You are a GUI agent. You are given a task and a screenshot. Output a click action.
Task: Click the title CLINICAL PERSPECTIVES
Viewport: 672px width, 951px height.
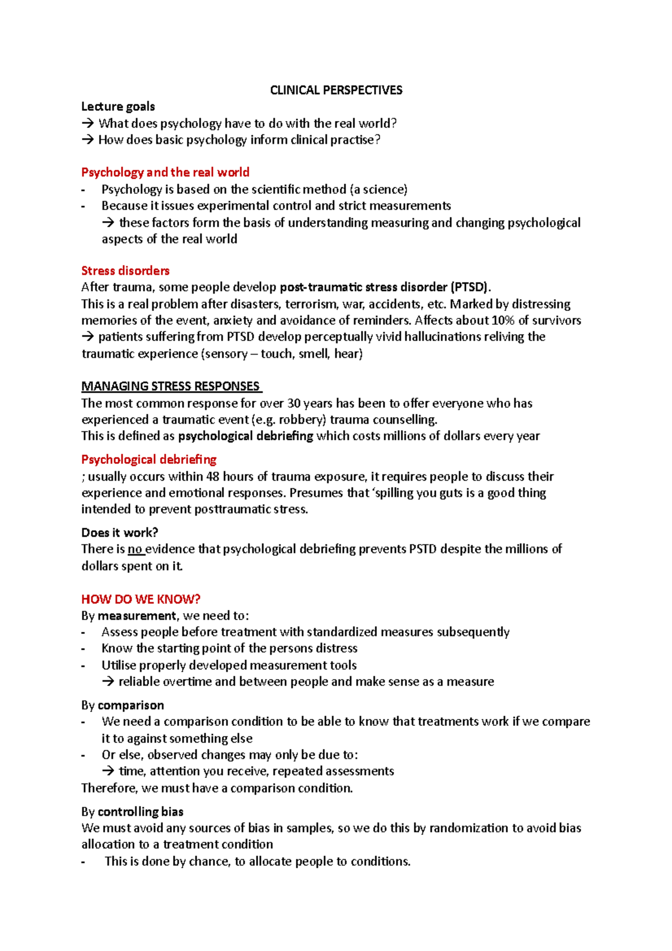pyautogui.click(x=336, y=90)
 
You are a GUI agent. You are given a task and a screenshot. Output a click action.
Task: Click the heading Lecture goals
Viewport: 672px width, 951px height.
pyautogui.click(x=118, y=106)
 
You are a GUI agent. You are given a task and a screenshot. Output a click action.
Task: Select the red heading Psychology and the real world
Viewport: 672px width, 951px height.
pyautogui.click(x=165, y=172)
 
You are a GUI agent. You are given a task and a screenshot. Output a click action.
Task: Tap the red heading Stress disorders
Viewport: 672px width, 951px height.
pyautogui.click(x=125, y=271)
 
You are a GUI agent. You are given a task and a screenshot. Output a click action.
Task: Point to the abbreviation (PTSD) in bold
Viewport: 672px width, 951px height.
pyautogui.click(x=469, y=287)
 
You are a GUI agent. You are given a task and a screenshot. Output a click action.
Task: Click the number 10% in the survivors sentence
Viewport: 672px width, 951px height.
pyautogui.click(x=503, y=320)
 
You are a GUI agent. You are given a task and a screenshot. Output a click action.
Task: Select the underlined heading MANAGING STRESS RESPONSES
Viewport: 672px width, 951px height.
pyautogui.click(x=171, y=386)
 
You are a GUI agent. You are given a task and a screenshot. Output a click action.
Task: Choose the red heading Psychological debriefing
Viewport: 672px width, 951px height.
pyautogui.click(x=149, y=460)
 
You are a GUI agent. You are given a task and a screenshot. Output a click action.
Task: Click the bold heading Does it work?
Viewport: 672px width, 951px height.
pyautogui.click(x=120, y=533)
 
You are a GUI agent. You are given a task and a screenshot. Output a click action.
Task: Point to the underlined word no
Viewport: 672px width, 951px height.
pyautogui.click(x=134, y=549)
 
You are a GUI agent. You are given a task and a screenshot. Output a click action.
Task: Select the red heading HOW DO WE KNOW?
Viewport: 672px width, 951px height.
pyautogui.click(x=141, y=599)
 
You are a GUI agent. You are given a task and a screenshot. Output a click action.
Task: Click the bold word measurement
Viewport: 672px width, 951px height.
pyautogui.click(x=137, y=616)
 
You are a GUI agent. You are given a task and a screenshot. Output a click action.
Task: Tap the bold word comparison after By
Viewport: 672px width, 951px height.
pyautogui.click(x=130, y=705)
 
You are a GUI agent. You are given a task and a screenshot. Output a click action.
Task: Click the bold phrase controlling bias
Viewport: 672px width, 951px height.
pyautogui.click(x=140, y=812)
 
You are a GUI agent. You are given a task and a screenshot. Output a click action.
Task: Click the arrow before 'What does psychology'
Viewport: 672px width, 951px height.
pyautogui.click(x=88, y=123)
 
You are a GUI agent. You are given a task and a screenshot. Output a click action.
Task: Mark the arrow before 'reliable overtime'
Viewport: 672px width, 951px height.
pyautogui.click(x=108, y=682)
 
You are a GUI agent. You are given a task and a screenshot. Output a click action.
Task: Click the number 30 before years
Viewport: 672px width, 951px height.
pyautogui.click(x=294, y=403)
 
